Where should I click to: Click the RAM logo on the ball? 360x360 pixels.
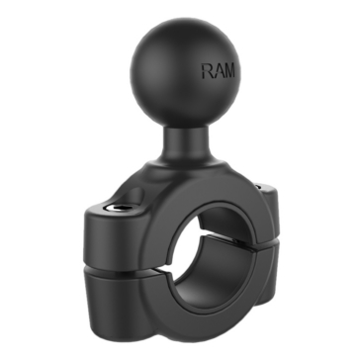219,71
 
